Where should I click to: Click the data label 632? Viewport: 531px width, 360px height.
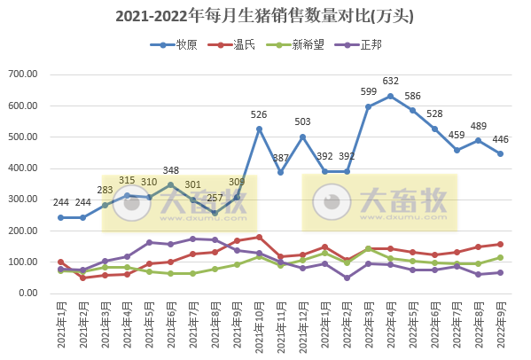click(390, 82)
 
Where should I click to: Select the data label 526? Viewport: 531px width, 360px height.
click(259, 115)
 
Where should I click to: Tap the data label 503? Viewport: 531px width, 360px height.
click(302, 122)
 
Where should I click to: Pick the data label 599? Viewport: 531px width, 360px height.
click(369, 92)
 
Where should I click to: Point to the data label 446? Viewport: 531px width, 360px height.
click(499, 139)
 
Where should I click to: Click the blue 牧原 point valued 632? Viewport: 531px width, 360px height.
click(390, 96)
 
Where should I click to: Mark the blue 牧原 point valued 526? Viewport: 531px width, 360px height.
click(259, 129)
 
